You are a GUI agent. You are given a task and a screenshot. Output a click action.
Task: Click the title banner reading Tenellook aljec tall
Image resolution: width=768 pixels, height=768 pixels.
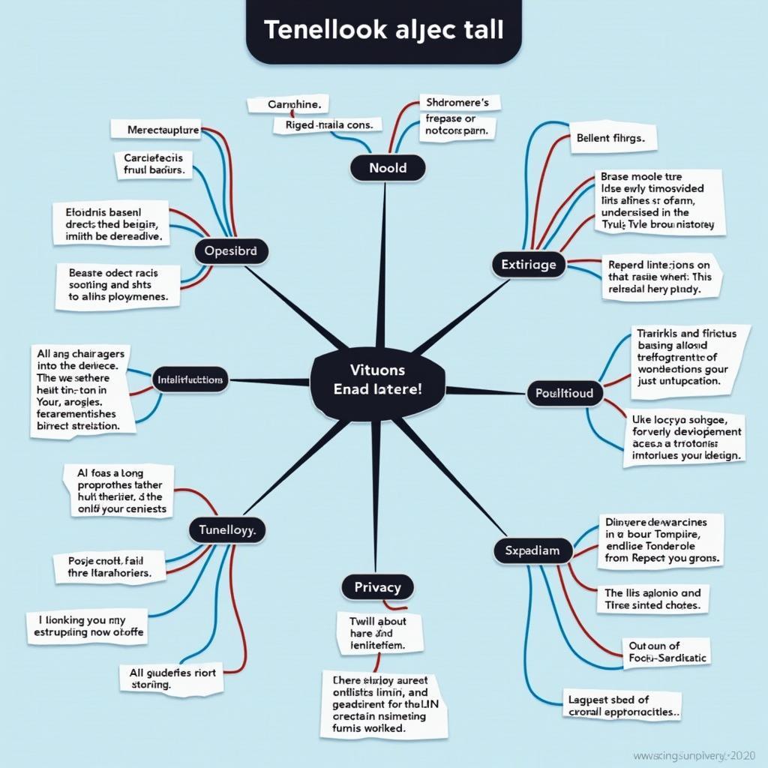(383, 31)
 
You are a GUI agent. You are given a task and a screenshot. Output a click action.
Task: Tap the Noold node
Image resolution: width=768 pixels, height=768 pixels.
(388, 168)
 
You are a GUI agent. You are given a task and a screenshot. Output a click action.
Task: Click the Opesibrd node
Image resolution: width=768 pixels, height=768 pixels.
(230, 251)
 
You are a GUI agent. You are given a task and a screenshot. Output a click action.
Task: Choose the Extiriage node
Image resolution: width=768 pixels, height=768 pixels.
(529, 264)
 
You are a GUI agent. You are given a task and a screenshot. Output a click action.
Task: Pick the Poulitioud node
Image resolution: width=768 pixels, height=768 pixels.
(564, 392)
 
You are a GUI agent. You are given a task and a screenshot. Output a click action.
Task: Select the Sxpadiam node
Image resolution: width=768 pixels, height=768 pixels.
(532, 550)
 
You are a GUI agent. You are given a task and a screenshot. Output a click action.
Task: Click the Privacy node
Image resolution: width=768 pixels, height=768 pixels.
(377, 587)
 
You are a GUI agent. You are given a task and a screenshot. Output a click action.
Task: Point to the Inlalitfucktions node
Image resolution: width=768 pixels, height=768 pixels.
(190, 380)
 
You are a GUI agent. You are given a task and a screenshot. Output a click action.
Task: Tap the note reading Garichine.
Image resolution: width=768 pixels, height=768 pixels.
(288, 105)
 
